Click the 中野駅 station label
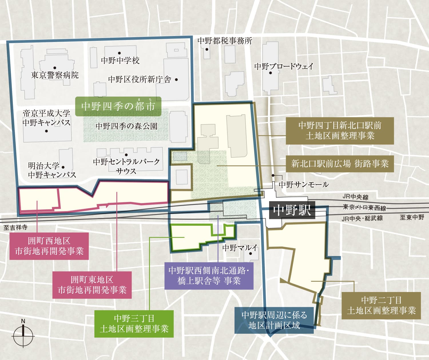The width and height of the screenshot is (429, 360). coord(292,211)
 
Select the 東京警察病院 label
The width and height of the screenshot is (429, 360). coord(55,75)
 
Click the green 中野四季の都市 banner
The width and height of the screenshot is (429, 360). coord(118,106)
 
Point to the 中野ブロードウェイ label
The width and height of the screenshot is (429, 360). coord(284,66)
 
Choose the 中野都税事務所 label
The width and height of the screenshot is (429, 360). coord(225,41)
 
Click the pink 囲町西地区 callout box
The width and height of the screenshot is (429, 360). coord(49,246)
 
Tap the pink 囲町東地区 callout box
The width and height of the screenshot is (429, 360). coord(92,285)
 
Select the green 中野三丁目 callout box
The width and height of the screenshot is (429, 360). coord(134,324)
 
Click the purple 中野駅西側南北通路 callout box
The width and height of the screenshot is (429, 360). coord(209,276)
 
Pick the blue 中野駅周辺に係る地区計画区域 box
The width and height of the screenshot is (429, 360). coord(274,320)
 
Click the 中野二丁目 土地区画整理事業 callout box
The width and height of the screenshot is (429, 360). coord(381,305)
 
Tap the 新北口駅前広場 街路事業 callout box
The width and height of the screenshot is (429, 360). coord(340,164)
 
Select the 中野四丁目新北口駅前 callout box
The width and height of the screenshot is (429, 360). coord(340,130)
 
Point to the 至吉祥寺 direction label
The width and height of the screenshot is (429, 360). coord(15,227)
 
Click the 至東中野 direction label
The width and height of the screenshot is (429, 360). coord(412,217)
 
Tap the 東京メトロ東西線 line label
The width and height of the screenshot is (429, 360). coord(364,208)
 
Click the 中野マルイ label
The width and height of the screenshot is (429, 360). coord(240,247)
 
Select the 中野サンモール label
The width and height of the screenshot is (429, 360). coord(303,185)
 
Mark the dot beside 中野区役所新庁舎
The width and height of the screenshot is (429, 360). coord(176,80)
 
